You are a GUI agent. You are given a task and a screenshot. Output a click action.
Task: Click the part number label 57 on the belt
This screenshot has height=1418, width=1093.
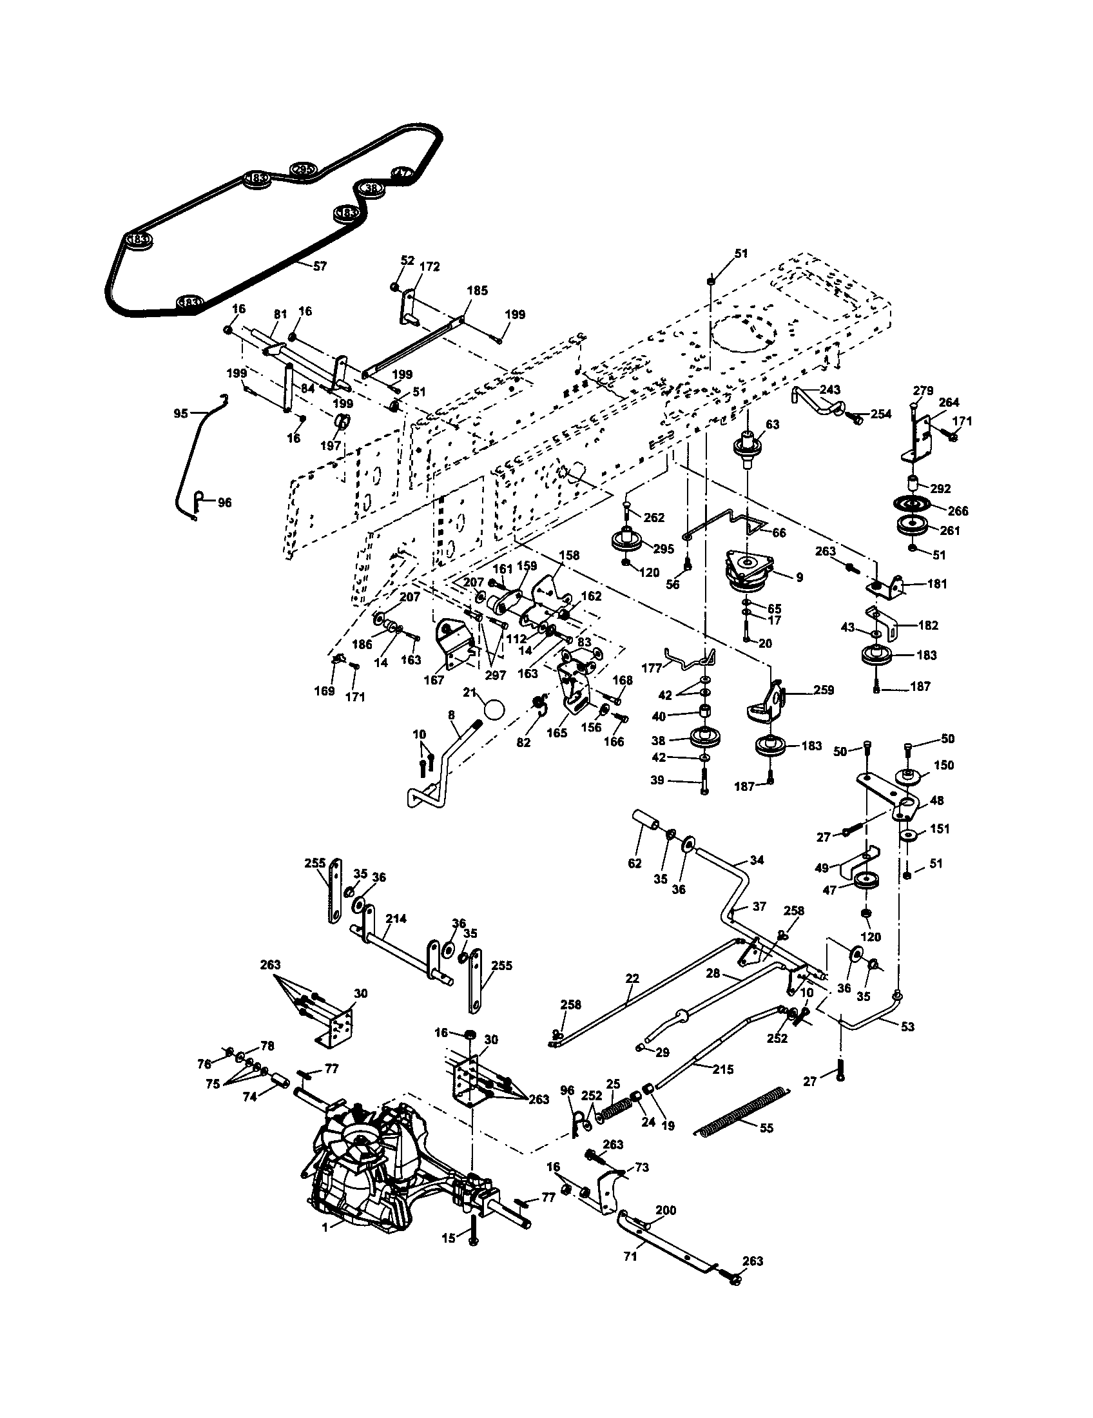(320, 266)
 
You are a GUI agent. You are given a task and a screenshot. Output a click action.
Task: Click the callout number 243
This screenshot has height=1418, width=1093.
(829, 389)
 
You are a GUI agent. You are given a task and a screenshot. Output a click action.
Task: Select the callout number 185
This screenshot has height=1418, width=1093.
(477, 290)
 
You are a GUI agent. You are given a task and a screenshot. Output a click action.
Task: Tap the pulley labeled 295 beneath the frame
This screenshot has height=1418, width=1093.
(628, 541)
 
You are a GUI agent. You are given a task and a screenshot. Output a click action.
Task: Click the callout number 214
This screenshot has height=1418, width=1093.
(396, 918)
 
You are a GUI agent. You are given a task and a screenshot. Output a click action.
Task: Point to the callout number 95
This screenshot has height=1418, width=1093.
(181, 413)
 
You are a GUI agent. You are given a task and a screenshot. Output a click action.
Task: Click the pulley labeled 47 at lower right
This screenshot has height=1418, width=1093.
(866, 882)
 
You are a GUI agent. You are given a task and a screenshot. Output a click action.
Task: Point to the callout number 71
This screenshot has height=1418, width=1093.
(630, 1256)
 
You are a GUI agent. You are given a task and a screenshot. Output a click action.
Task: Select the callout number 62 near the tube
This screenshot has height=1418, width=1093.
(635, 863)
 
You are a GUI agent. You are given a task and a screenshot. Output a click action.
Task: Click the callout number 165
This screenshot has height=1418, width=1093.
(557, 733)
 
